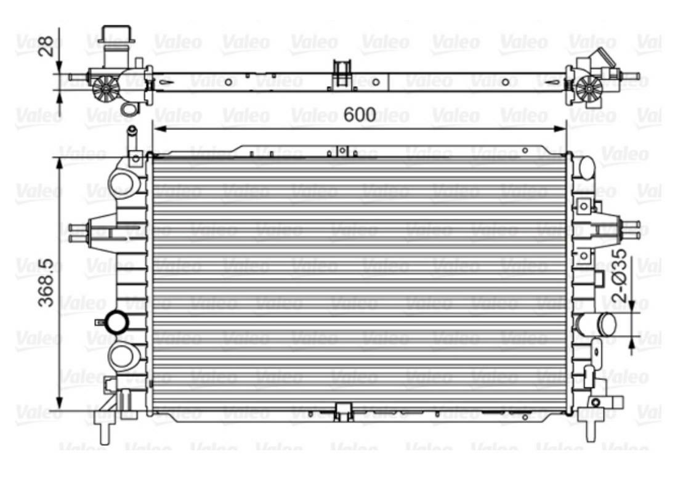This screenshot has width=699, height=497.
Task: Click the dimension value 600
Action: (x=359, y=115)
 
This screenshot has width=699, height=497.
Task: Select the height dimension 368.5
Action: (x=46, y=283)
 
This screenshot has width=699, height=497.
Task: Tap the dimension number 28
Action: (x=46, y=46)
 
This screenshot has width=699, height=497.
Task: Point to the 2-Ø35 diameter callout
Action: (x=619, y=275)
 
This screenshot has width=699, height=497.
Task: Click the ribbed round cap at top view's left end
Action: (x=106, y=87)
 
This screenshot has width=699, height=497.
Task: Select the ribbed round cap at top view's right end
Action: (x=588, y=88)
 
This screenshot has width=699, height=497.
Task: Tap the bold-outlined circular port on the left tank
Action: (x=117, y=322)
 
